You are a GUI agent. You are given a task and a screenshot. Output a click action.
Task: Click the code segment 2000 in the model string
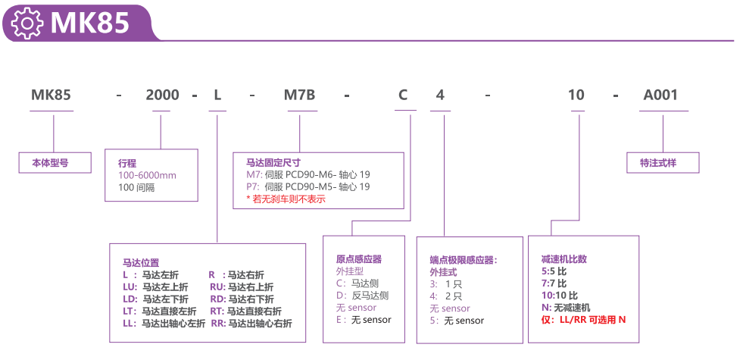click(x=162, y=95)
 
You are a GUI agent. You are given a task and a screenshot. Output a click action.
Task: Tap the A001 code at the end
click(x=660, y=95)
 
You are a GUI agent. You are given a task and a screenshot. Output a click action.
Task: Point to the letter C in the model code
click(x=403, y=95)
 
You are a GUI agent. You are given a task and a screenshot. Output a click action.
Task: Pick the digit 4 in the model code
click(x=440, y=95)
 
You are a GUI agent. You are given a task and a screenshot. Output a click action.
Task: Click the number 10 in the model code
click(x=576, y=95)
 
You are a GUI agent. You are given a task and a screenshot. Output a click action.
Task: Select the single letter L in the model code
click(x=217, y=95)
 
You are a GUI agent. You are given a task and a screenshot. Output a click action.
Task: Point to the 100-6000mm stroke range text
click(x=147, y=175)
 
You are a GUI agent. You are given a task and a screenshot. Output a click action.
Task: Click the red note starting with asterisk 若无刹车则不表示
click(x=286, y=199)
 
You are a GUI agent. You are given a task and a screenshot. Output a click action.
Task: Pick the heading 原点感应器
click(x=359, y=258)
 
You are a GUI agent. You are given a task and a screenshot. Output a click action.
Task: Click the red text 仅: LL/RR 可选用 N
click(x=584, y=319)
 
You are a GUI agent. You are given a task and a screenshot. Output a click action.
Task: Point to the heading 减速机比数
click(x=564, y=258)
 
